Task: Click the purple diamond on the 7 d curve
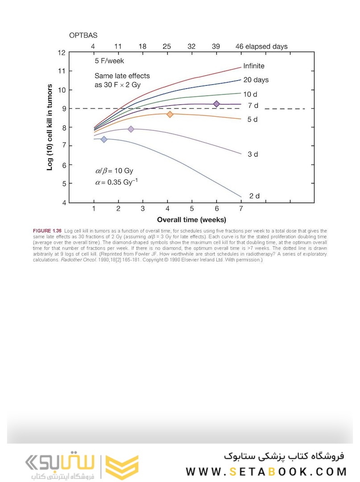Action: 216,104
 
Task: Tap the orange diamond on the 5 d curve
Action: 170,114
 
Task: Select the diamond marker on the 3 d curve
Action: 131,129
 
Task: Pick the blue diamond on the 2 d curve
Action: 104,139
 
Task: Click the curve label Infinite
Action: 253,66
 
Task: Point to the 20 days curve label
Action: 256,80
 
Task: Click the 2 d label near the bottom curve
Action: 254,196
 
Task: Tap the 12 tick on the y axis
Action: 61,53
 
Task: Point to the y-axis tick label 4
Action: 63,203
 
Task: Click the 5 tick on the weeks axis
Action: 192,209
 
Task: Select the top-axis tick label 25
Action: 167,46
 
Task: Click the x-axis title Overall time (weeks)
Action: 191,220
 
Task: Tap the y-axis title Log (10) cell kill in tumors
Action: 50,127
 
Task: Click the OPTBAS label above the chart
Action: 83,35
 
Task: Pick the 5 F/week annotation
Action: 109,61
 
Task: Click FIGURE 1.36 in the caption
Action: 47,230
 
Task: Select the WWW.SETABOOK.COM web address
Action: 266,471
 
